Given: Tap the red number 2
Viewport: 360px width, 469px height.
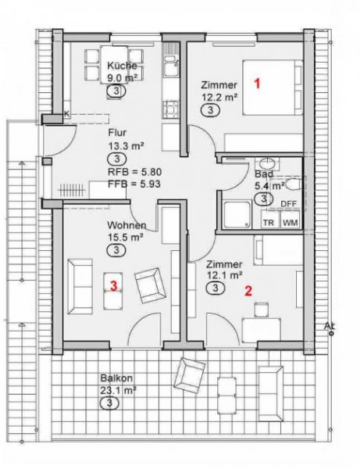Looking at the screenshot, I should tap(248, 292).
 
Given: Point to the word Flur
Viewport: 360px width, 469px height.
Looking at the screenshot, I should tap(117, 132).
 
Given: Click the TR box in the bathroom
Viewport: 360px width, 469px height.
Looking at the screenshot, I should tap(268, 223).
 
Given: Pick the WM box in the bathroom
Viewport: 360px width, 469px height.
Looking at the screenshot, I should tap(290, 223).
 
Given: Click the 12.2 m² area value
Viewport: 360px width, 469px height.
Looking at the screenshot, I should tap(219, 97).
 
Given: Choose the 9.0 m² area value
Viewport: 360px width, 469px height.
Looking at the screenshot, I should tap(123, 77).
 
